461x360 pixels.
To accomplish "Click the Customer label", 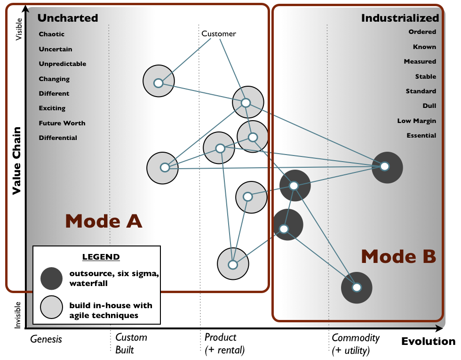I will coord(218,34).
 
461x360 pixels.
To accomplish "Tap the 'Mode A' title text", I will coord(103,221).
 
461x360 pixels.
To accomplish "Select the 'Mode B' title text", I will coord(398,257).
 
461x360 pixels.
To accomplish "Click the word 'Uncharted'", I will coord(68,18).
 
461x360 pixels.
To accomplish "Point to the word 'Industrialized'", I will coord(400,18).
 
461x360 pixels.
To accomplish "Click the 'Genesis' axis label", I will coord(46,338).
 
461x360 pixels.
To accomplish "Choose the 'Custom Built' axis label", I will coord(131,344).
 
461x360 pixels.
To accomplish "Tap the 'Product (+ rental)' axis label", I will coord(224,344).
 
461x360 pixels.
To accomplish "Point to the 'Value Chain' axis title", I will coord(16,160).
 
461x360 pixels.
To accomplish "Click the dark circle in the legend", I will coord(51,278).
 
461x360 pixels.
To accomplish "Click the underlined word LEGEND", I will coord(101,257).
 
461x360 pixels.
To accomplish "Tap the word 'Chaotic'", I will coord(52,34).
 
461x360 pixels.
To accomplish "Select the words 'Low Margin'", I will coord(416,121).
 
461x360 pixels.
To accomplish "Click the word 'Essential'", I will coord(421,135).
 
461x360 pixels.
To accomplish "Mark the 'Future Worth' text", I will coord(62,123).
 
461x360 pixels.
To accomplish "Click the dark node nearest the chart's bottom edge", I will coord(357,287).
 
